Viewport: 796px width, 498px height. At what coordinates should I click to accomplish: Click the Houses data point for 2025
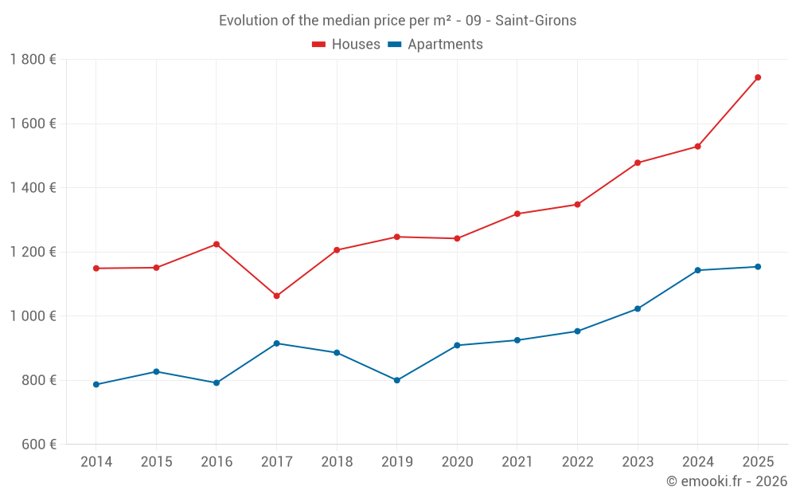(758, 77)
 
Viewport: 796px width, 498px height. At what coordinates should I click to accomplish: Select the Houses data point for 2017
(276, 296)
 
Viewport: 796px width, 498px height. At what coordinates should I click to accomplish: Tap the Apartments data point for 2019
(396, 380)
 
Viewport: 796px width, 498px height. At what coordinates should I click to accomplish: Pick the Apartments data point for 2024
(697, 270)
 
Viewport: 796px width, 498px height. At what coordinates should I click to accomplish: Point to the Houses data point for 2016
(217, 244)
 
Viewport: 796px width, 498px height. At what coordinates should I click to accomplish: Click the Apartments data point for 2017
(276, 343)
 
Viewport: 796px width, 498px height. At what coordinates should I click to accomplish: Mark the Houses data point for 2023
(638, 163)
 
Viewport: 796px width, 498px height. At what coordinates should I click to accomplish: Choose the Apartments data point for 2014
(96, 384)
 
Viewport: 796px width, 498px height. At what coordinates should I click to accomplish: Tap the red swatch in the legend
(318, 45)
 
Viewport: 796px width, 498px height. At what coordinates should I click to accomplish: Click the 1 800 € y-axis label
(33, 60)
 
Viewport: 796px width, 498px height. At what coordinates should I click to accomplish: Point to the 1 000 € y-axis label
(33, 316)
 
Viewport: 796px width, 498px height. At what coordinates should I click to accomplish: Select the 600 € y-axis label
(37, 444)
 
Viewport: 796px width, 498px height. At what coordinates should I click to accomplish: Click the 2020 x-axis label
(457, 462)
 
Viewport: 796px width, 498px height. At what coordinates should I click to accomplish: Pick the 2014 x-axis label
(96, 462)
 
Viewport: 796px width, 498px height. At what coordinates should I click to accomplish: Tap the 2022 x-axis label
(577, 462)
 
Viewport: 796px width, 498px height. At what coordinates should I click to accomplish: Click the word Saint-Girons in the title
(536, 21)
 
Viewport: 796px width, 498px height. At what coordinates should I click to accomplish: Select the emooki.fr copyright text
(726, 481)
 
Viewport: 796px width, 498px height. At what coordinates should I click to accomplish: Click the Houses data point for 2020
(457, 238)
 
